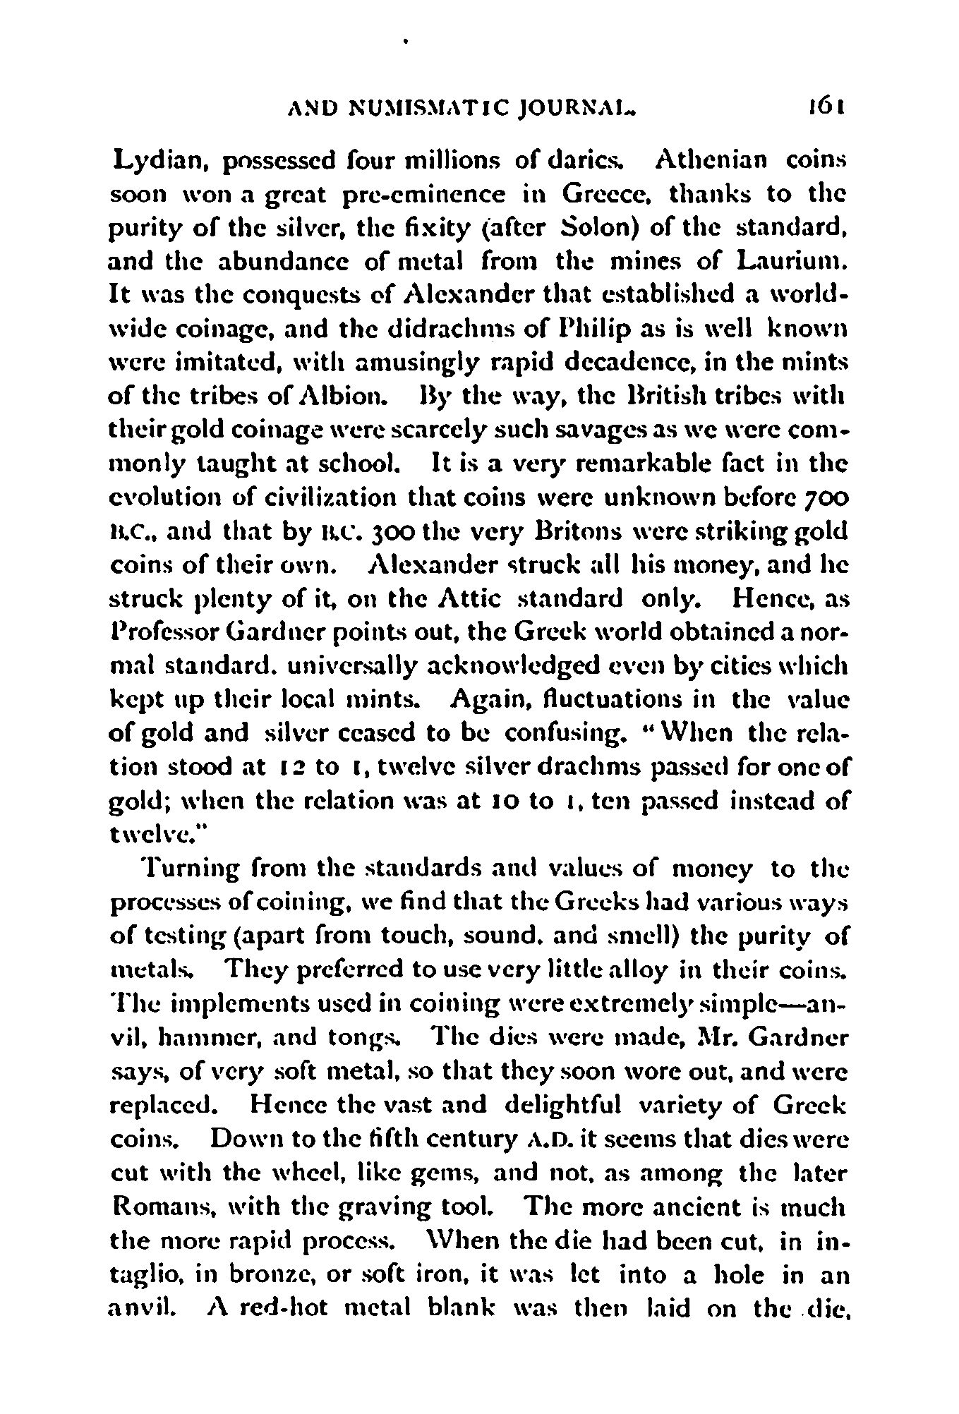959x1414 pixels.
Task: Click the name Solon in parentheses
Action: [x=600, y=229]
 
